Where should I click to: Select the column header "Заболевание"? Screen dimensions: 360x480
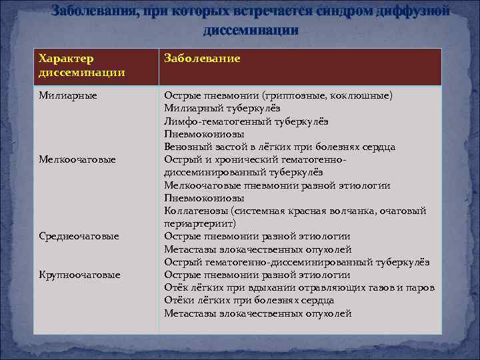pos(202,59)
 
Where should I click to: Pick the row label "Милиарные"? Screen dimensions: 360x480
pos(68,95)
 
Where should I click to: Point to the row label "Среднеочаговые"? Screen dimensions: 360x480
pos(79,236)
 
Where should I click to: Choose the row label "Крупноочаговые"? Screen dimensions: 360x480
pos(79,275)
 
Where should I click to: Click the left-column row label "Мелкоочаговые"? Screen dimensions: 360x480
pos(77,159)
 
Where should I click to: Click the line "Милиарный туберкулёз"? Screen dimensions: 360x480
pos(222,108)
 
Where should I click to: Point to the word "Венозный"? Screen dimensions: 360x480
pos(185,147)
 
